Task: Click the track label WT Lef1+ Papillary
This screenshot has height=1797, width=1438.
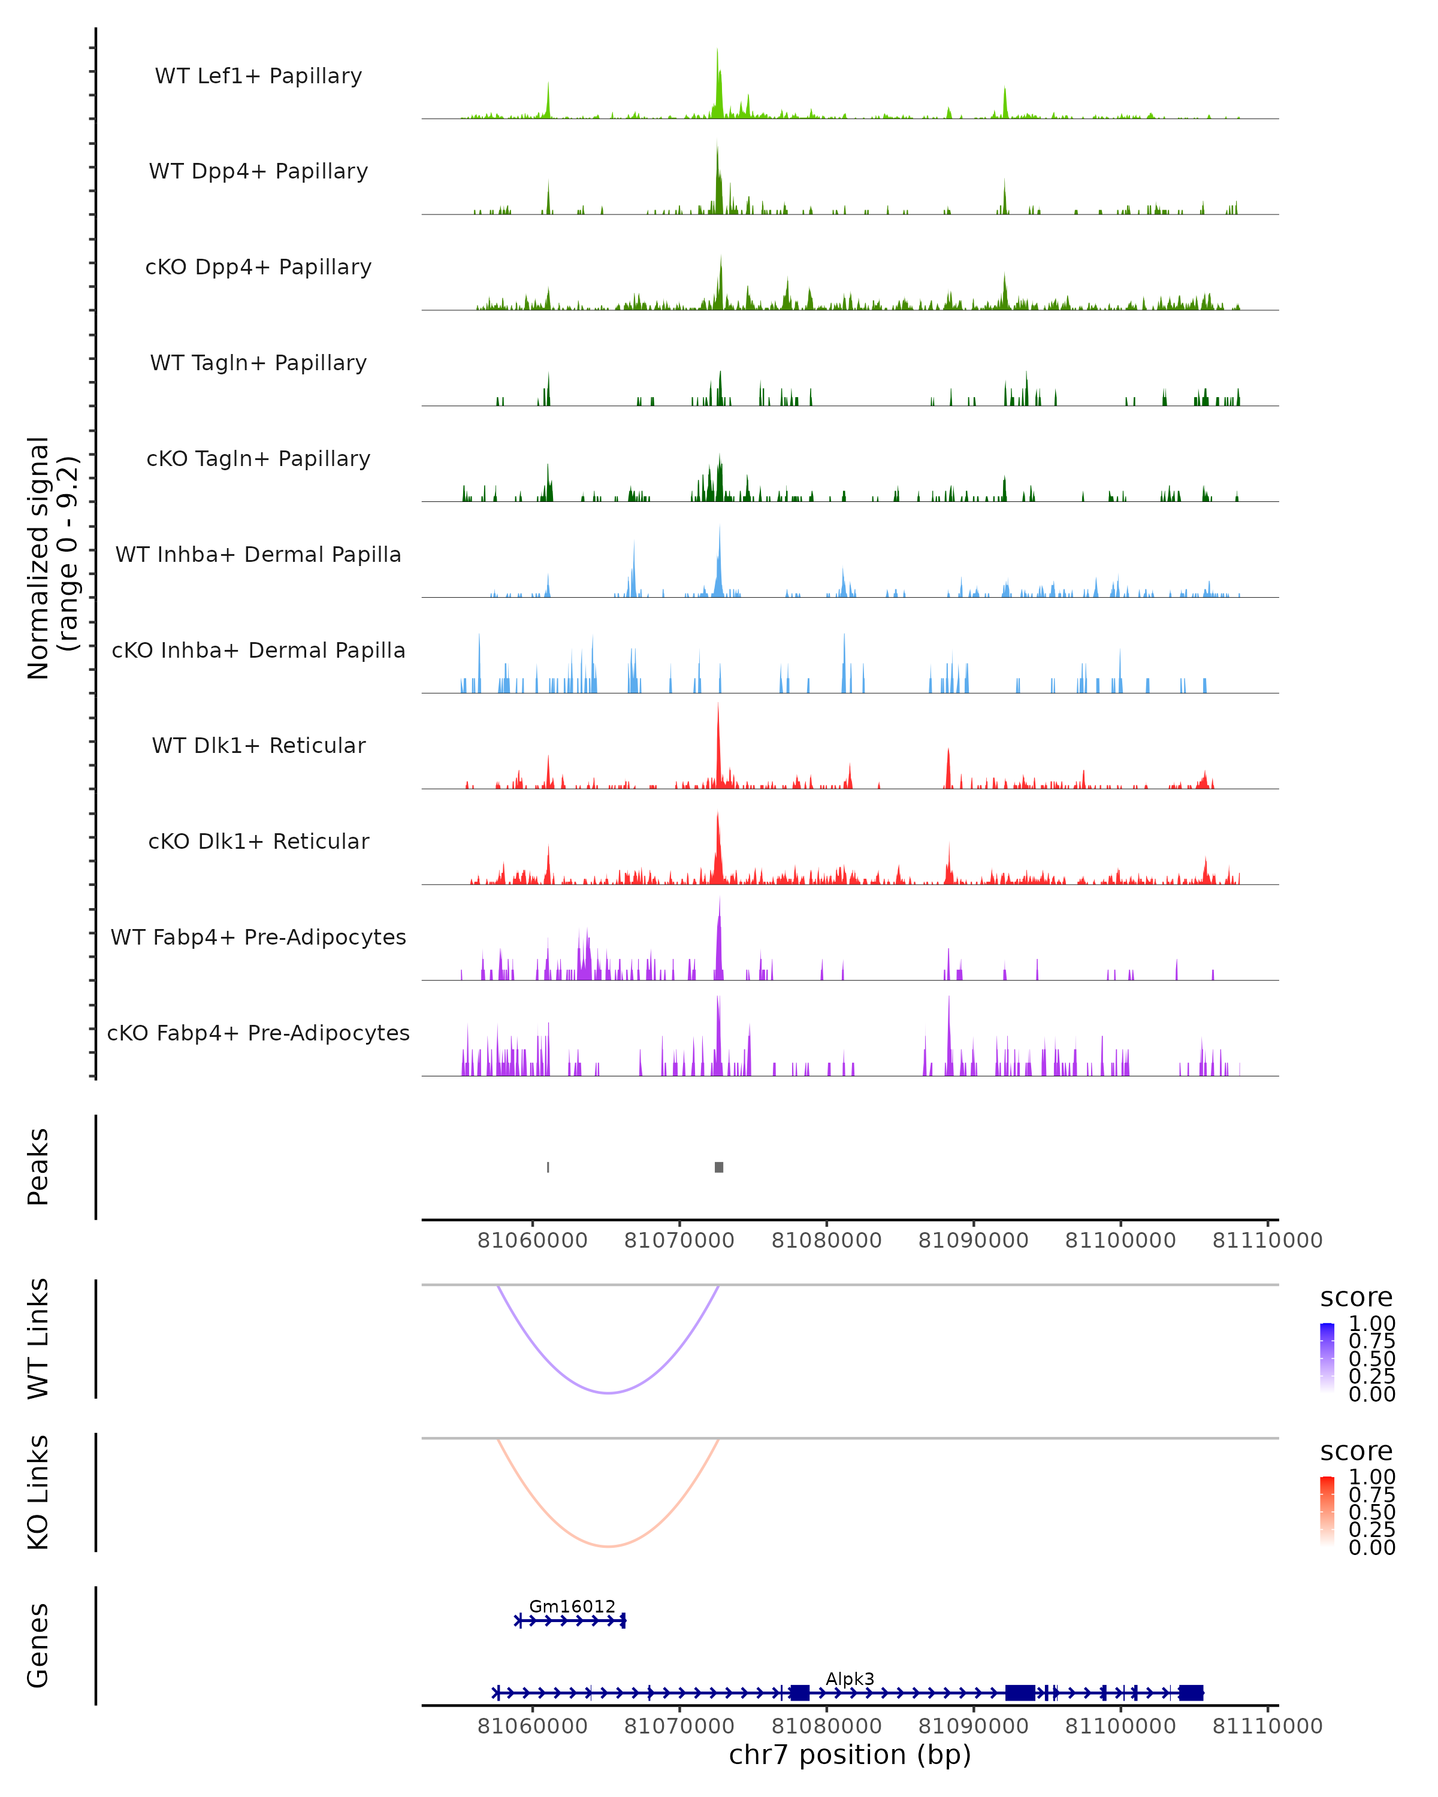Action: point(258,76)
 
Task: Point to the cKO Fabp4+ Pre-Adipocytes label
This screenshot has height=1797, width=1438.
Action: point(258,1033)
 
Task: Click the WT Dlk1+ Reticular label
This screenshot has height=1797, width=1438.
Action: point(258,745)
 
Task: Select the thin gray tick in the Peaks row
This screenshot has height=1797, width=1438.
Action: point(548,1167)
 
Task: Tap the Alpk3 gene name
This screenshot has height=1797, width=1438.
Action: point(850,1678)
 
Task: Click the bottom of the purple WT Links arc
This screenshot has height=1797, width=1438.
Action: point(609,1392)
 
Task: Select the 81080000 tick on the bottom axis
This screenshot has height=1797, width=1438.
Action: point(826,1726)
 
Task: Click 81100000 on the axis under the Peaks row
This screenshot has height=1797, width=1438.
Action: point(1120,1241)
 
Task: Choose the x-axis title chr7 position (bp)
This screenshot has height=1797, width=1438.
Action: point(850,1755)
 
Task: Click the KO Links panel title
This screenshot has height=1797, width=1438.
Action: point(38,1492)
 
